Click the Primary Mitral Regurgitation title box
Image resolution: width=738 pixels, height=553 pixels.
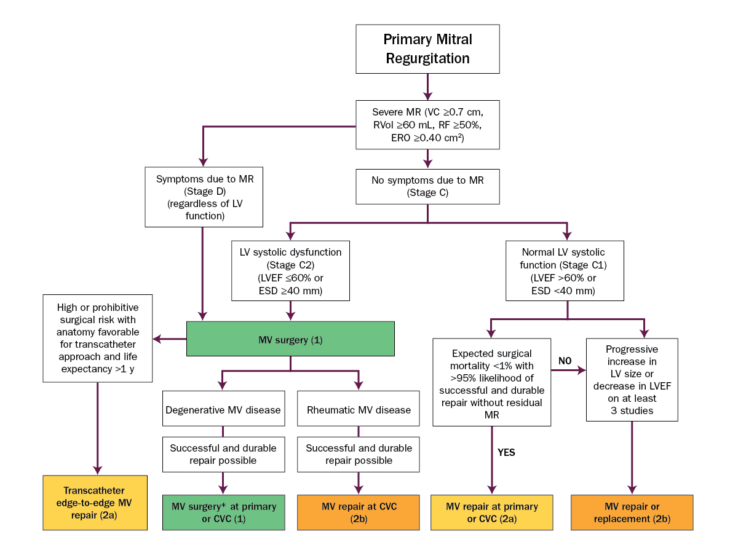[427, 49]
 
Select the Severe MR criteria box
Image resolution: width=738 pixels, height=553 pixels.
[427, 125]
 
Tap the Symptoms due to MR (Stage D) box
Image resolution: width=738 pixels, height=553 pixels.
[204, 197]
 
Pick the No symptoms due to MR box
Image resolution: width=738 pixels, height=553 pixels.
[427, 186]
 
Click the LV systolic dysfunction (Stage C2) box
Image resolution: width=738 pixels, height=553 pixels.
[290, 270]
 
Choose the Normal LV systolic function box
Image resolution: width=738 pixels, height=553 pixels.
[563, 270]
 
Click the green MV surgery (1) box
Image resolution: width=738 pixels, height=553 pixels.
[290, 339]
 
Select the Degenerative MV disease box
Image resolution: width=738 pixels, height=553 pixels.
[223, 410]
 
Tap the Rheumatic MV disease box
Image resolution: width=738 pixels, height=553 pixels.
[358, 410]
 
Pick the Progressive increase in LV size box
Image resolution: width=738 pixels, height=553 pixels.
[632, 379]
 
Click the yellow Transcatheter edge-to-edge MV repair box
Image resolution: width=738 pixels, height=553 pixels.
[95, 502]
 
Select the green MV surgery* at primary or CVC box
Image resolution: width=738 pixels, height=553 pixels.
[224, 512]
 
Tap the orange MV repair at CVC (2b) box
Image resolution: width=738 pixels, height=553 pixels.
[359, 512]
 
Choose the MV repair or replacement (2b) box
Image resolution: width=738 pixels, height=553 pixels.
[632, 512]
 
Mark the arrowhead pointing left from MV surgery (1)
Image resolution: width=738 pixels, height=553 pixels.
[157, 339]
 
